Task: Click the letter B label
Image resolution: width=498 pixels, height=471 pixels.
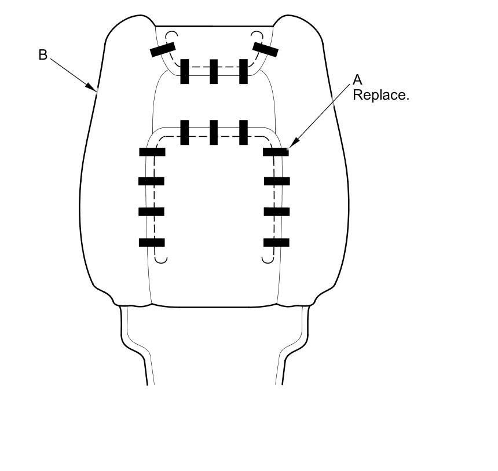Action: coord(42,55)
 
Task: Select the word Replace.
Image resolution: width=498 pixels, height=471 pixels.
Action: coord(380,95)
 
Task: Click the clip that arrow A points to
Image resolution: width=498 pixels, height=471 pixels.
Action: coord(276,152)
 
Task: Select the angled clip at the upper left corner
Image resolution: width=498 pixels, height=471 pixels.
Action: coord(163,51)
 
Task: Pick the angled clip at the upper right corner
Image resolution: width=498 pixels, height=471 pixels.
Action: coord(265,50)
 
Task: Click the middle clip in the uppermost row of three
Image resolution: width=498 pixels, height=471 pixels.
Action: coord(214,71)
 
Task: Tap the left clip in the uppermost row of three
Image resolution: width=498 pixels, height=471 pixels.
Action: coord(185,71)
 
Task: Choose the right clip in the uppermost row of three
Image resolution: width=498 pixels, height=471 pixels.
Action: coord(243,71)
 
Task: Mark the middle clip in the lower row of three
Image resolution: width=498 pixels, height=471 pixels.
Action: coord(214,132)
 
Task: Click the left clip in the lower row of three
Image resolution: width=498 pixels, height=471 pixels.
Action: coord(185,132)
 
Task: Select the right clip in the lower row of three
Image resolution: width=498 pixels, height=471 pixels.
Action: coord(243,132)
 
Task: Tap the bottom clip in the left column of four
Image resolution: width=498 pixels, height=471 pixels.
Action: coord(152,242)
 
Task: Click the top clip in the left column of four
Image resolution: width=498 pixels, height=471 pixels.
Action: coord(152,152)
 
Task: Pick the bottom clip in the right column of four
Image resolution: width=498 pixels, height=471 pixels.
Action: coord(276,242)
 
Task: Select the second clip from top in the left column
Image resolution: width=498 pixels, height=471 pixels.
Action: coord(152,181)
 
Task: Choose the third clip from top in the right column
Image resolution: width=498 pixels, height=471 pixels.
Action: coord(276,211)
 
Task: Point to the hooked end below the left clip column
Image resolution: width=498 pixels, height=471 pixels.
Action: coord(162,259)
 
